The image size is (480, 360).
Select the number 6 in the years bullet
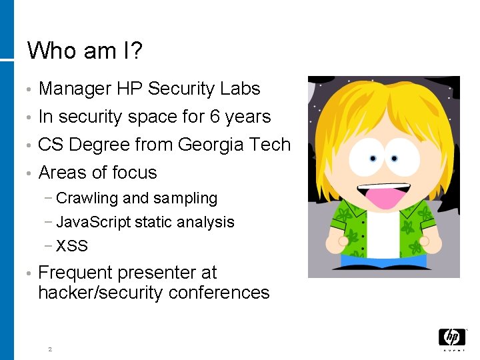215,117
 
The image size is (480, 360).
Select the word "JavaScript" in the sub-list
93,222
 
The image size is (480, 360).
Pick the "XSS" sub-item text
72,246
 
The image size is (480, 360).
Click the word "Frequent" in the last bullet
75,273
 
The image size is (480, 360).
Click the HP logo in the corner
452,339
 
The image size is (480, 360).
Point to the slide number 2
49,349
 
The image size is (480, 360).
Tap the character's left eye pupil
372,159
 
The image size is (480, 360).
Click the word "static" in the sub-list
153,222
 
